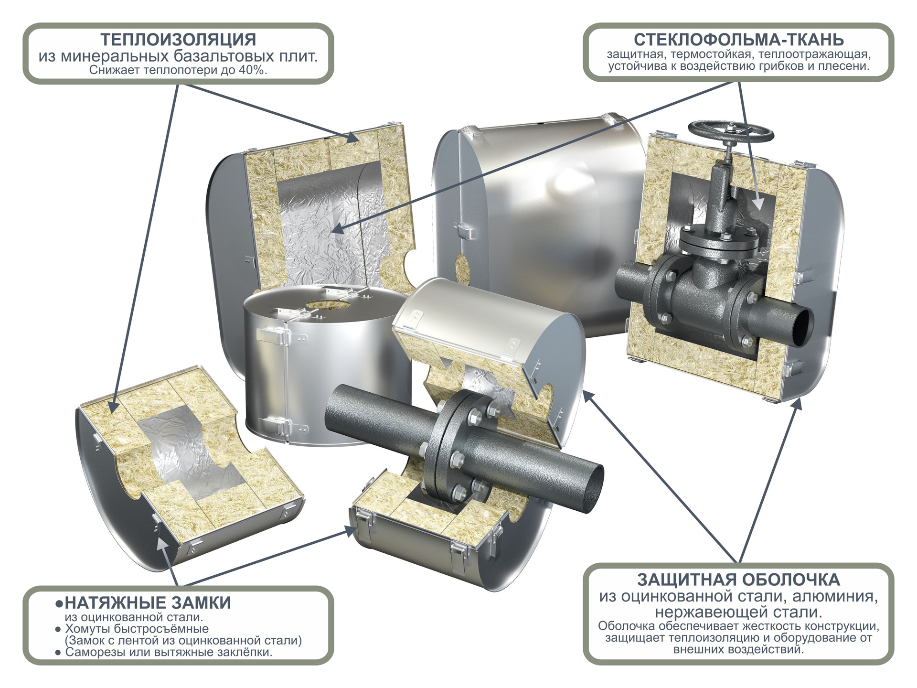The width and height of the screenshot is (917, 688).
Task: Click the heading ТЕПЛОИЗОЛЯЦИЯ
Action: pos(178,40)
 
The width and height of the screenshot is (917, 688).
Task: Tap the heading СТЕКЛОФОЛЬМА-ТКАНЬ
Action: pos(738,40)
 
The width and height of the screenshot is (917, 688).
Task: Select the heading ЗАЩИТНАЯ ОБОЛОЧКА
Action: pos(738,580)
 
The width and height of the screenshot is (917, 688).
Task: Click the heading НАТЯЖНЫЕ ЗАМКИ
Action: pos(148,603)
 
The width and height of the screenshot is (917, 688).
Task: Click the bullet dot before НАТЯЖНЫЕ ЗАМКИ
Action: pos(59,603)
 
